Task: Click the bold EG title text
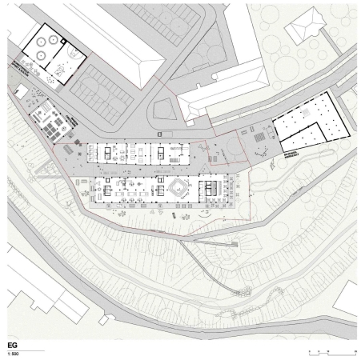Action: (x=10, y=346)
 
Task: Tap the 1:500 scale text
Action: (x=12, y=353)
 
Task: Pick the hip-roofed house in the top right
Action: (x=304, y=30)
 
